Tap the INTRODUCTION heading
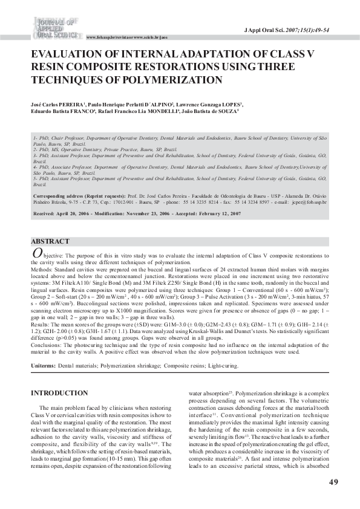click(63, 393)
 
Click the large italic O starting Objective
click(36, 254)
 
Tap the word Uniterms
click(43, 366)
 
